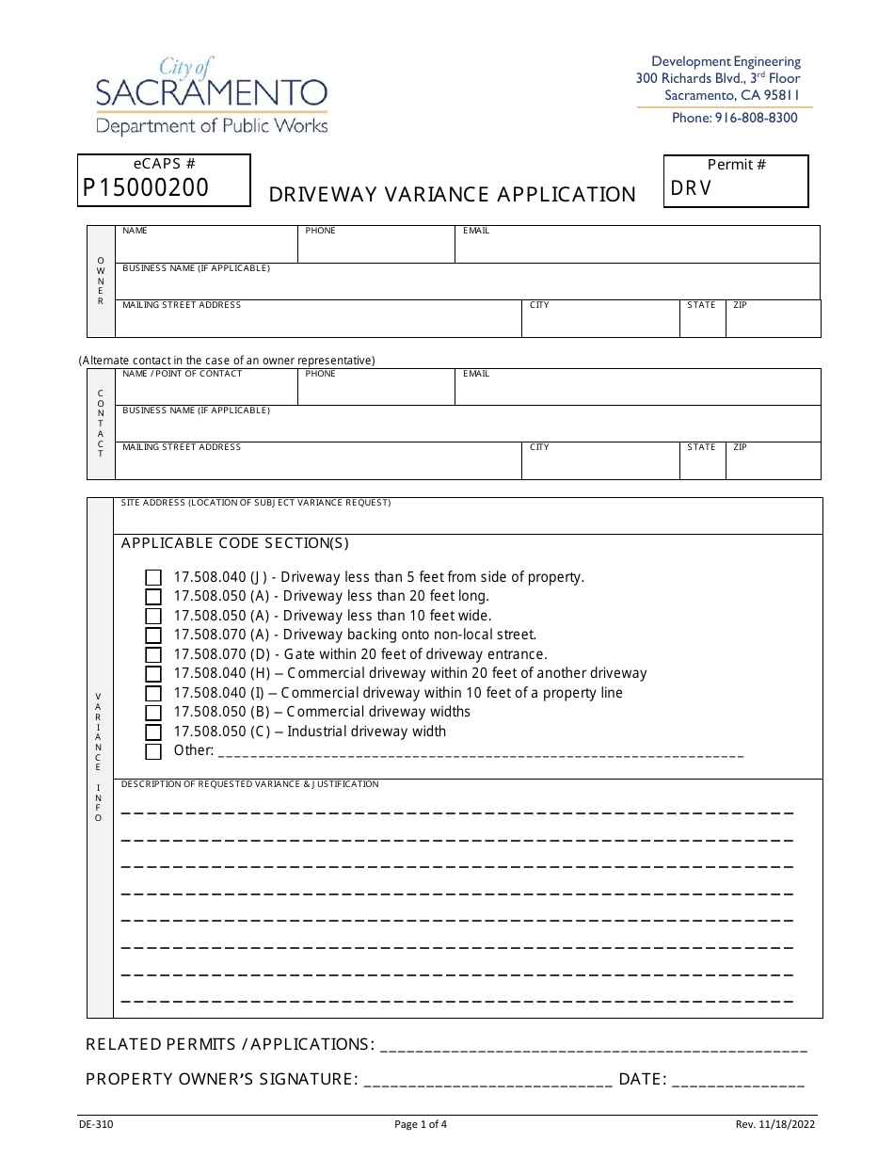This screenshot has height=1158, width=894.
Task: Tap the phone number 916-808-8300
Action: coord(734,118)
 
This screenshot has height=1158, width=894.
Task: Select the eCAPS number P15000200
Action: coord(146,187)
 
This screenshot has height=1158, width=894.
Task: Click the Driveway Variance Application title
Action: coord(453,195)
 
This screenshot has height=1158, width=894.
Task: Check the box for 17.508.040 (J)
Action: coord(153,578)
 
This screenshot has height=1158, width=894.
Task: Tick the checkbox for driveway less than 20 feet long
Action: coord(153,597)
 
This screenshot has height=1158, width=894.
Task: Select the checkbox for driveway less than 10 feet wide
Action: coord(153,617)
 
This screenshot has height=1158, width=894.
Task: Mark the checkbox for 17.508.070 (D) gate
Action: coord(153,655)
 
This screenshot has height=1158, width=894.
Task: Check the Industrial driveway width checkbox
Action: coord(153,732)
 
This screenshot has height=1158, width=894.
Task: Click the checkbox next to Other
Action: coord(153,751)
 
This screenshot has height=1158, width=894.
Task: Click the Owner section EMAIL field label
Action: coord(476,231)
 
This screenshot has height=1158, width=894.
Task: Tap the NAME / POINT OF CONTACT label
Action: coord(183,374)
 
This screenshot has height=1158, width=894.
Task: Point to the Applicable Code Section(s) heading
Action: coord(235,543)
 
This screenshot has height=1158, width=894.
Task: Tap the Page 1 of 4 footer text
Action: coord(421,1123)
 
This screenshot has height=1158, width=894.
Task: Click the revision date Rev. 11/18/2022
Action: coord(775,1123)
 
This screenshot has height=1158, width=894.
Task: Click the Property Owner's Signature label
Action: coord(221,1079)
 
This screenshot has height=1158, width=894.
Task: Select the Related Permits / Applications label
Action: coord(230,1044)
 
